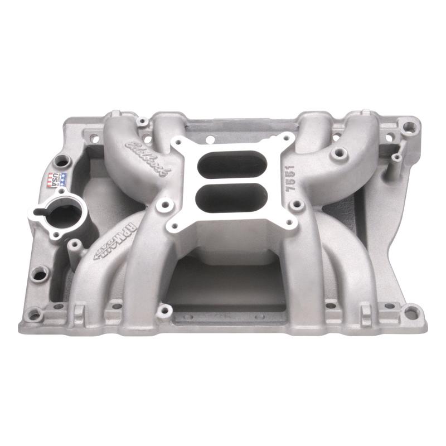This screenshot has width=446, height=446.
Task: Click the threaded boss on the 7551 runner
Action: (x=336, y=152)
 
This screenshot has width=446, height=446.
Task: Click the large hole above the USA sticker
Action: (x=62, y=162)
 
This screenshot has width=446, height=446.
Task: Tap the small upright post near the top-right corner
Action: (x=396, y=158)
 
